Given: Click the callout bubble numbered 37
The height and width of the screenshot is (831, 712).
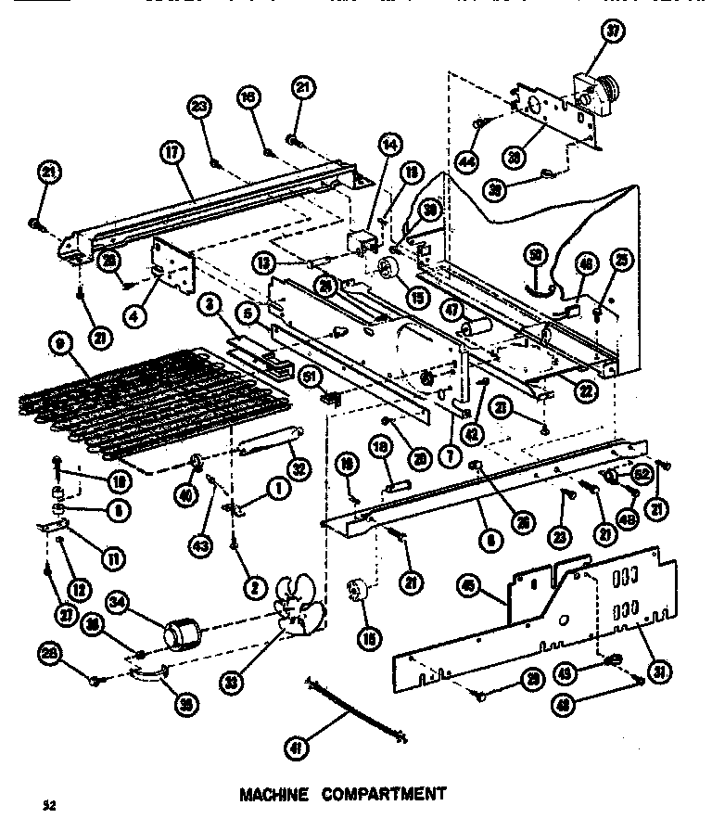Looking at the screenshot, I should (x=613, y=32).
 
